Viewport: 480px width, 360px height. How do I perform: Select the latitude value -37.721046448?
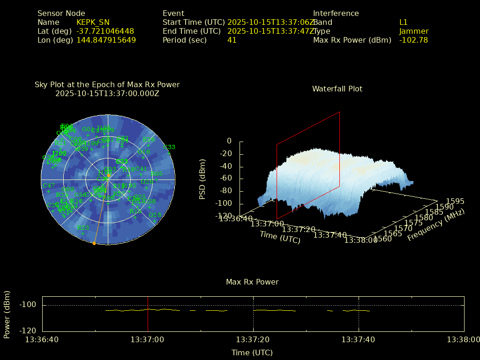(x=105, y=31)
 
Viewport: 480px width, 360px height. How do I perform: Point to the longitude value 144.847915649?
(x=106, y=40)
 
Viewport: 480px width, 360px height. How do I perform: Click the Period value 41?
(x=232, y=40)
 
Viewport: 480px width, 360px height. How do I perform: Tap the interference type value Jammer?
(x=414, y=31)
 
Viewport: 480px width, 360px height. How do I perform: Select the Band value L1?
(x=404, y=22)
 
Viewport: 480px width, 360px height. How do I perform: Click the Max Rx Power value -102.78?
(x=413, y=40)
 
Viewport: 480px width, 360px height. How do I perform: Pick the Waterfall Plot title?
(x=337, y=89)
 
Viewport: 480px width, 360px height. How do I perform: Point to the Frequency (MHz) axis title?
(x=436, y=225)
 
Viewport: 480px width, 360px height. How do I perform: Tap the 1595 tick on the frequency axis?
(x=455, y=202)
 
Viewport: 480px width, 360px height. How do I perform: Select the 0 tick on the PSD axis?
(x=229, y=141)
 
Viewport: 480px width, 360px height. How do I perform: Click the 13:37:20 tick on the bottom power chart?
(x=254, y=339)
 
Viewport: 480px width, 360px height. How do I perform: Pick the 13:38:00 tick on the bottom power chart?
(x=464, y=339)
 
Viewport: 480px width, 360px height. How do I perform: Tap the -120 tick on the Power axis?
(x=28, y=330)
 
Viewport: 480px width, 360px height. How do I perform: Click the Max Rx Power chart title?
(x=252, y=282)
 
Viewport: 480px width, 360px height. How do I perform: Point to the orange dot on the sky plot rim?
(x=94, y=243)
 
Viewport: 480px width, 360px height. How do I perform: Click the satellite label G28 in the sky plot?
(x=154, y=215)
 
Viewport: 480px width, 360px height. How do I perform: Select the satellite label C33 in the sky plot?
(x=169, y=147)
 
